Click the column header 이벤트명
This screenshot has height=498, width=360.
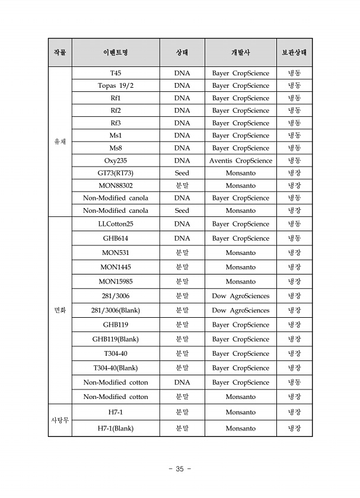click(116, 53)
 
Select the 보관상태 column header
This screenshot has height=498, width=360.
click(294, 53)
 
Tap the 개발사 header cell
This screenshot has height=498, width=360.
click(240, 53)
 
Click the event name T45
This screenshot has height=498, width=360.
click(116, 74)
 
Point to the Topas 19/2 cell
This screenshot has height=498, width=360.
click(116, 86)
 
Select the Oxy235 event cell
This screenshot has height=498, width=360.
click(116, 161)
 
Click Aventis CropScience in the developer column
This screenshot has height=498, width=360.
click(240, 161)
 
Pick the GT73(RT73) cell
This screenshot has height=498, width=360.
click(116, 173)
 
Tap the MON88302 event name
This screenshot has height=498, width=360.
click(116, 186)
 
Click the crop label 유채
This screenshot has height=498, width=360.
click(60, 142)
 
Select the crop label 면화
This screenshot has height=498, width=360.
click(60, 310)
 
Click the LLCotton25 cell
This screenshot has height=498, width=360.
click(116, 224)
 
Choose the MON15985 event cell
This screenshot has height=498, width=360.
click(116, 282)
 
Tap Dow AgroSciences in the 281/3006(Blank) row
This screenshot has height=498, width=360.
click(240, 310)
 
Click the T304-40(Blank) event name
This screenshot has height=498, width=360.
click(116, 368)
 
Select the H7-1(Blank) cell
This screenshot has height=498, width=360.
click(116, 429)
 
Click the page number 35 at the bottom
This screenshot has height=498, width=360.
click(180, 469)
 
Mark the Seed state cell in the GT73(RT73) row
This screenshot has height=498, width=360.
click(182, 173)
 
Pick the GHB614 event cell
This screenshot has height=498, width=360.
click(116, 238)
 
